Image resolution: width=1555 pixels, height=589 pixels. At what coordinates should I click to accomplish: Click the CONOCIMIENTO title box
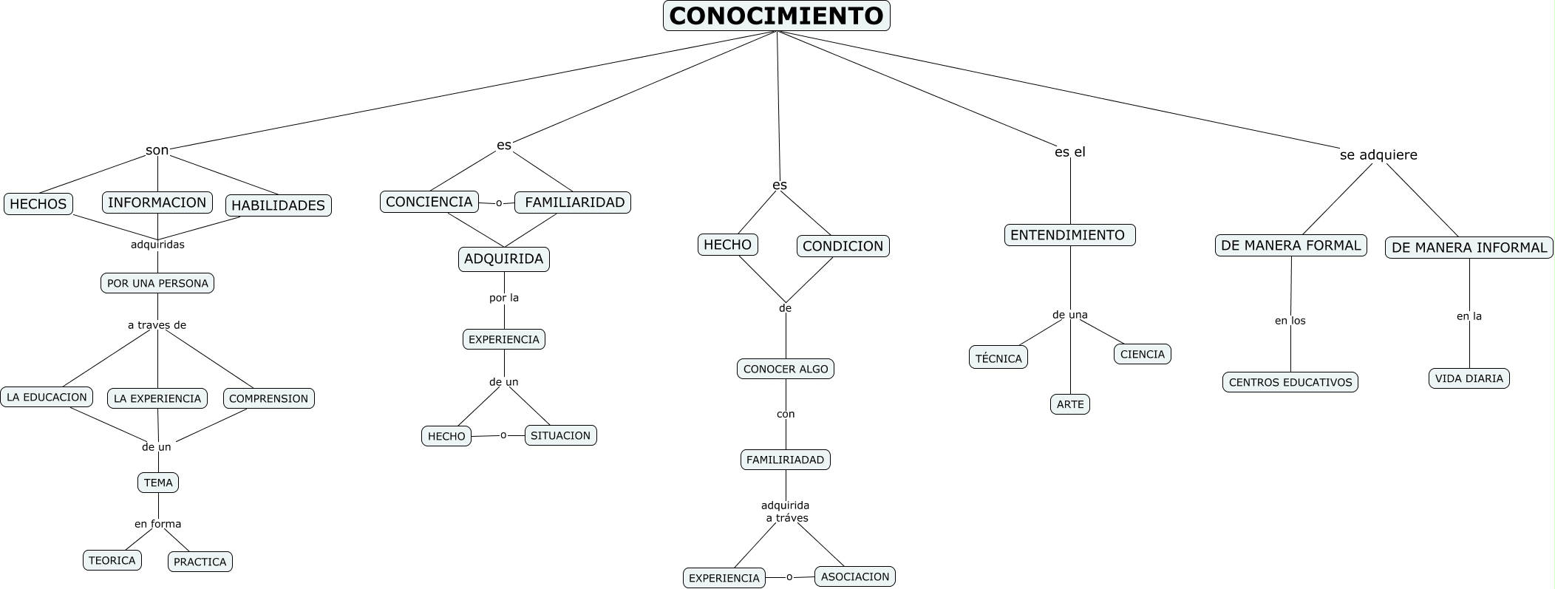(776, 16)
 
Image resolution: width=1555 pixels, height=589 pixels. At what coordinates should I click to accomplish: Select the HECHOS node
(38, 204)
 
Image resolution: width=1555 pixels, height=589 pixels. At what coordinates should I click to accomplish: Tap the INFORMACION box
(157, 202)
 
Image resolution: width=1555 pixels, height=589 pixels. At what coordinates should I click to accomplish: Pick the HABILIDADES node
(278, 205)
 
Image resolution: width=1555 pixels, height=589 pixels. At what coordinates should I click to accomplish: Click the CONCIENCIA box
(429, 202)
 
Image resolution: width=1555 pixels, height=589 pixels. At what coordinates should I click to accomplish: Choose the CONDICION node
(843, 246)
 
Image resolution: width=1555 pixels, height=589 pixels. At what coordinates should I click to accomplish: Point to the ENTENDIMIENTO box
(1069, 235)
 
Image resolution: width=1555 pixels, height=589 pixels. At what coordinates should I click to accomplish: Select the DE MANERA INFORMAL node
(1469, 248)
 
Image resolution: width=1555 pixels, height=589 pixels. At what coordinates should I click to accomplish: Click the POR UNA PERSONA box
(157, 283)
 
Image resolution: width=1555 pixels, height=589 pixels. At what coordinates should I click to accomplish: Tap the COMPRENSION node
(268, 398)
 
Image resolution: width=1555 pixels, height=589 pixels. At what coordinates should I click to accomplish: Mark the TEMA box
(158, 483)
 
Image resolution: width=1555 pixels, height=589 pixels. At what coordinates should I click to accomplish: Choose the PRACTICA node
(200, 562)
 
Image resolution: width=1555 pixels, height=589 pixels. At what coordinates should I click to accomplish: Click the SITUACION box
(560, 435)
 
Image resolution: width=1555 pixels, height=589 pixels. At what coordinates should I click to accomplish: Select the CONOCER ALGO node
(785, 369)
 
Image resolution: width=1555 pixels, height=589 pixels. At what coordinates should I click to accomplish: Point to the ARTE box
(1069, 404)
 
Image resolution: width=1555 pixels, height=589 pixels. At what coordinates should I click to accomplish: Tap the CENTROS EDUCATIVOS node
(1290, 382)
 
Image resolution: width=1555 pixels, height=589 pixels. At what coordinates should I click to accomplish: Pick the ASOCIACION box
(854, 576)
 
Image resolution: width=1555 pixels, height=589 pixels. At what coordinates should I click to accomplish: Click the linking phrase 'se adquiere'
(1378, 155)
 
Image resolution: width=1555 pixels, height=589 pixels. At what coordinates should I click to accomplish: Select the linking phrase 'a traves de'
(157, 325)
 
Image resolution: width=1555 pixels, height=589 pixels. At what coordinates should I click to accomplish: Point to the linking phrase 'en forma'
(157, 524)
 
